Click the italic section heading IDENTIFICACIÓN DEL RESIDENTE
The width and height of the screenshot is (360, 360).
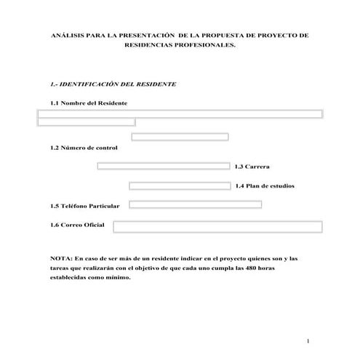[x=116, y=84]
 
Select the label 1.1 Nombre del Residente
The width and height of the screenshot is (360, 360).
[x=89, y=103]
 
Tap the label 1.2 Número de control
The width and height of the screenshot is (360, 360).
[x=84, y=148]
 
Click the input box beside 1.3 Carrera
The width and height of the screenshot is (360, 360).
[x=164, y=166]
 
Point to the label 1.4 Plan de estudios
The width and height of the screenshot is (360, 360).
[x=265, y=187]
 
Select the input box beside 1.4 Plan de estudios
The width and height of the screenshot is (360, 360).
[x=180, y=186]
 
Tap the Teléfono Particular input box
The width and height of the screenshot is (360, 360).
[x=195, y=205]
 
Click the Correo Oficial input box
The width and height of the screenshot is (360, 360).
[x=217, y=228]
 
